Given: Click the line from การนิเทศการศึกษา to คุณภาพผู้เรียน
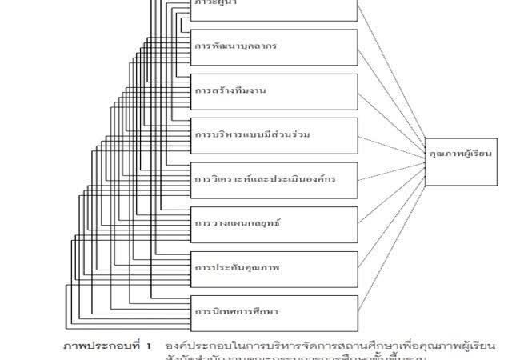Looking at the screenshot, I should coord(392,231).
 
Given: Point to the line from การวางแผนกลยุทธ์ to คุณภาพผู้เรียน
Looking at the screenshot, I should coord(392,188).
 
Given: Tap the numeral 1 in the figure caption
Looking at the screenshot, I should coord(149,346).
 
